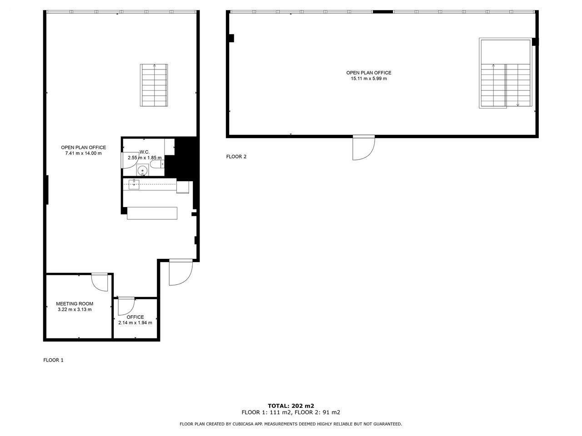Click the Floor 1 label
coord(53,360)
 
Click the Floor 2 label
coord(236,156)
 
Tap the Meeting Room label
coord(75,304)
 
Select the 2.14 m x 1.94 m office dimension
coord(135,323)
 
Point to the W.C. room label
coord(145,152)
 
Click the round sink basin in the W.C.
coord(143,170)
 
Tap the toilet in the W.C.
coord(157,164)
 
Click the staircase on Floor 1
coord(154,85)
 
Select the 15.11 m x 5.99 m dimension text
coord(369,79)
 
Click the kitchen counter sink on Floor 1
coord(134,184)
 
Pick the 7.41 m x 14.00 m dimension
coord(83,153)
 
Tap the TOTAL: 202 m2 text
coord(291,406)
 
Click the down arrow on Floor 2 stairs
coord(517,104)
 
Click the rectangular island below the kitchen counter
coord(152,213)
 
